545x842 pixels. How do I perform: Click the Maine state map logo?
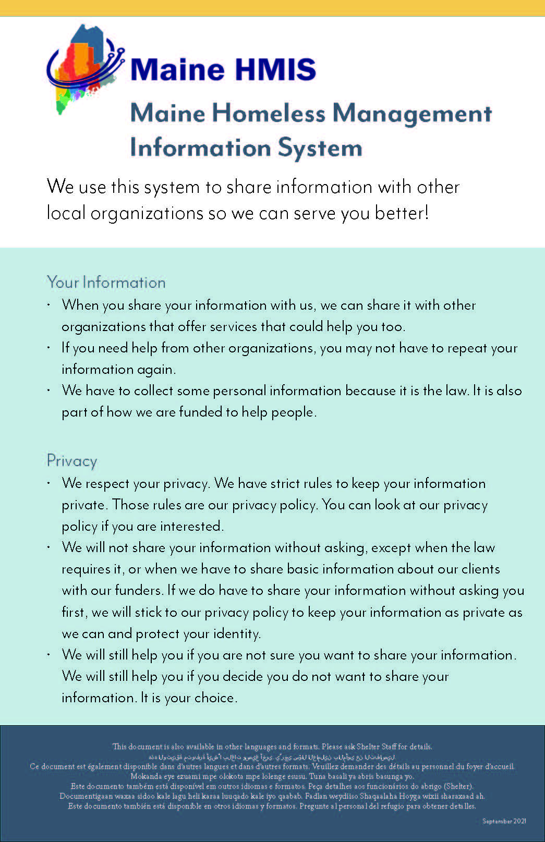pyautogui.click(x=83, y=68)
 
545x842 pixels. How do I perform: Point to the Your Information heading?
pyautogui.click(x=106, y=283)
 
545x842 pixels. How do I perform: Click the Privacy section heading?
pyautogui.click(x=72, y=461)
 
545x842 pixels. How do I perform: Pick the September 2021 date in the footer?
pyautogui.click(x=504, y=821)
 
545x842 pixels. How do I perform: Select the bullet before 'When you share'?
pyautogui.click(x=49, y=304)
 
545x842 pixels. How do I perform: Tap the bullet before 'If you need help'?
pyautogui.click(x=49, y=347)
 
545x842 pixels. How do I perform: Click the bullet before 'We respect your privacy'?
pyautogui.click(x=49, y=483)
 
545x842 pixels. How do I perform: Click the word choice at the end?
pyautogui.click(x=215, y=698)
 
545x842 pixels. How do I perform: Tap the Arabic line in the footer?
pyautogui.click(x=272, y=756)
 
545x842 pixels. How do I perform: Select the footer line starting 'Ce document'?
pyautogui.click(x=272, y=766)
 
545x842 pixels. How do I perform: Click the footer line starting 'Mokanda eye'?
pyautogui.click(x=272, y=776)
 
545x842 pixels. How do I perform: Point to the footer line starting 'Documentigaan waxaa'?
pyautogui.click(x=272, y=796)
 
